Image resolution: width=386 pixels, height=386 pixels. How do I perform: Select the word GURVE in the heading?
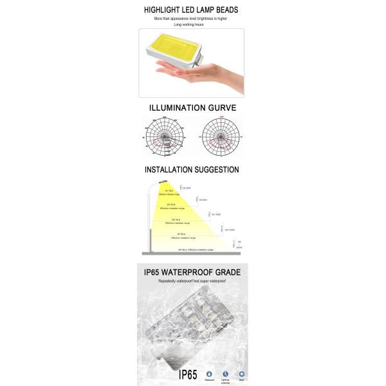coord(220,107)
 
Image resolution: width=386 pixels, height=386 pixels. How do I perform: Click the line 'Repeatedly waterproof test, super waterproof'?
coord(193,281)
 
